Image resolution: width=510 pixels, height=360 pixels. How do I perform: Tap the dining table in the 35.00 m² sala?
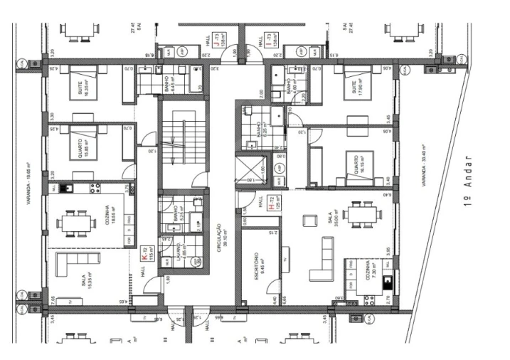[358, 214]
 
